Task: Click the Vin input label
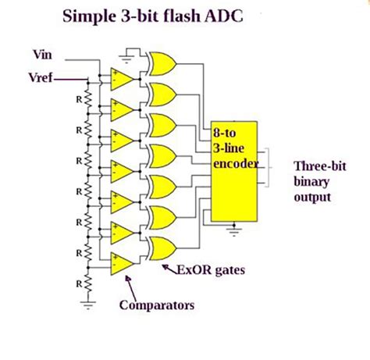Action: (x=42, y=55)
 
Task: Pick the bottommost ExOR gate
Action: (x=162, y=248)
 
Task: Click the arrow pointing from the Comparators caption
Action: (x=125, y=288)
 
